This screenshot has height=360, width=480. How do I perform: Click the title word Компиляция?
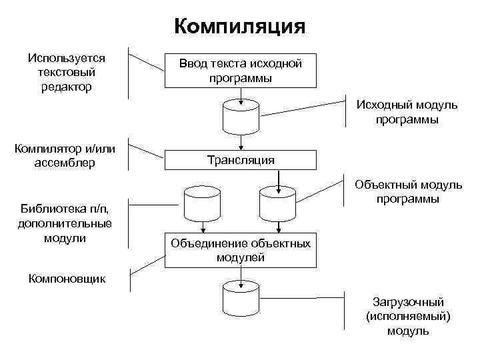[x=239, y=27]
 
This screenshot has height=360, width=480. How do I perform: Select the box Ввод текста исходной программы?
[x=240, y=71]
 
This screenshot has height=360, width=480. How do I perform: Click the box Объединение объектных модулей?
[x=240, y=250]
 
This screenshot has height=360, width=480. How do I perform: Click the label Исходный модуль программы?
[x=407, y=112]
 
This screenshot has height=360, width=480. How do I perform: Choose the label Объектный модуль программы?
[x=407, y=191]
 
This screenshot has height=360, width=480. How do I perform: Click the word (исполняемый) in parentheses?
[x=408, y=317]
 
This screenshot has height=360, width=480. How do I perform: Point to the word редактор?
[x=66, y=87]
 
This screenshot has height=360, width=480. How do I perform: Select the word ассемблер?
[x=64, y=163]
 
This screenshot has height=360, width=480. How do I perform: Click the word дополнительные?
[x=65, y=223]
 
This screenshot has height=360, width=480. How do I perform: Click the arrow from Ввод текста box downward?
[x=240, y=95]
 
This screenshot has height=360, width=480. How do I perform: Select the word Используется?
[x=66, y=58]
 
